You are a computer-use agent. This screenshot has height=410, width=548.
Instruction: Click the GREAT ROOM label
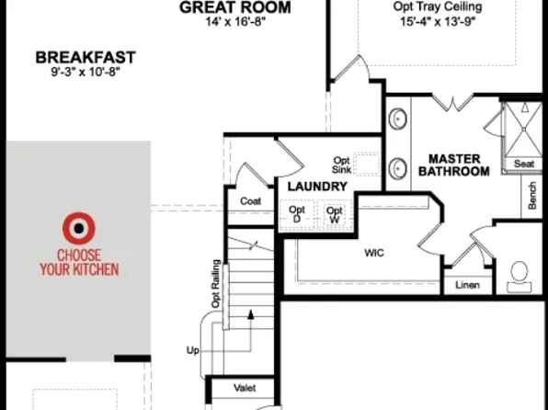235,7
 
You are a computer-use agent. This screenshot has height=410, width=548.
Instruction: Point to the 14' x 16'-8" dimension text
235,22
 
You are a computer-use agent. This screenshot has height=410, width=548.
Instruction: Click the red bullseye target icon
78,227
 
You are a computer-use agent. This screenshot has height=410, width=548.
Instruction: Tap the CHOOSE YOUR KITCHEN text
78,262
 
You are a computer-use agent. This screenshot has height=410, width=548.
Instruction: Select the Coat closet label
250,201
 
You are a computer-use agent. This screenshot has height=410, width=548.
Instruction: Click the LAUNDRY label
316,187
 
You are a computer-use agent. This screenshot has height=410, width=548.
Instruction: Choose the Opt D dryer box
297,214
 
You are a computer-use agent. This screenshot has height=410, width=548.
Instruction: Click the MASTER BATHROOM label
453,165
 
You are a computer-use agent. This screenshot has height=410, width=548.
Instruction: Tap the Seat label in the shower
524,164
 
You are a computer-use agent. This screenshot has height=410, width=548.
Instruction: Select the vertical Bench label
532,195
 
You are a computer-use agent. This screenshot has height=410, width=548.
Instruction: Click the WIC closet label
373,251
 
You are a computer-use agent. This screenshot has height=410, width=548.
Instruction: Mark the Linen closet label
467,286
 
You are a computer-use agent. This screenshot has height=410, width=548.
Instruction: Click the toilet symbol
519,274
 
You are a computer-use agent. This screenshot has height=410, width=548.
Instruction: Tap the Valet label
245,388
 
